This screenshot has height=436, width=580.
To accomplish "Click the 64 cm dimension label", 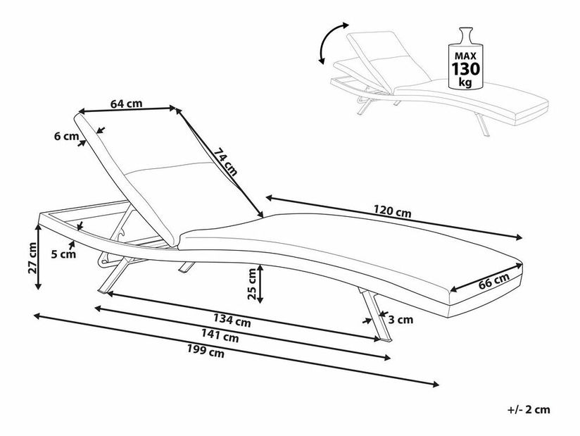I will (x=127, y=103).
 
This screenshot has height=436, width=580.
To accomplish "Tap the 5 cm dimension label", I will (x=63, y=255).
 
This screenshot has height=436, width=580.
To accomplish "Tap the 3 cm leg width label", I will (x=401, y=319).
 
